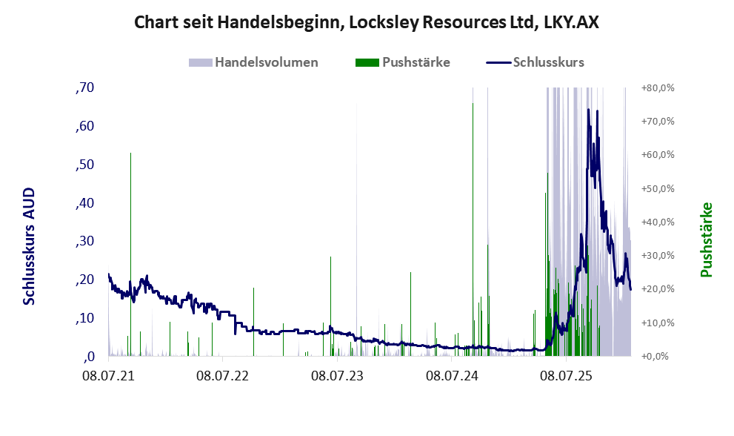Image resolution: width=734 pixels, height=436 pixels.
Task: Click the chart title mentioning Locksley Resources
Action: (x=367, y=22)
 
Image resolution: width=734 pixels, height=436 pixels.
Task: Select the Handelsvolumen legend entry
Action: (x=266, y=62)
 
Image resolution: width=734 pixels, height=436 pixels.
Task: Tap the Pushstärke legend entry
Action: (x=414, y=62)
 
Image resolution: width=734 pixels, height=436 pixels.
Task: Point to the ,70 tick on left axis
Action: (x=85, y=87)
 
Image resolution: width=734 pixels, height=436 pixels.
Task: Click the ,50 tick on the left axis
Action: (x=85, y=165)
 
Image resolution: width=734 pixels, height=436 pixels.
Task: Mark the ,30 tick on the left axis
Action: (x=85, y=241)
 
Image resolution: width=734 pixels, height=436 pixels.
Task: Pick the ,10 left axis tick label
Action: (x=85, y=318)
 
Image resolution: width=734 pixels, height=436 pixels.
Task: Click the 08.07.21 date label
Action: (x=108, y=377)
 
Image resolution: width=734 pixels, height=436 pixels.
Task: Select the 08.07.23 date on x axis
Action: (x=337, y=377)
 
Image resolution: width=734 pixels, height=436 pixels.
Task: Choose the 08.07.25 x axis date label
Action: (x=566, y=377)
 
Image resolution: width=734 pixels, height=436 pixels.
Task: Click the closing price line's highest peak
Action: (x=588, y=110)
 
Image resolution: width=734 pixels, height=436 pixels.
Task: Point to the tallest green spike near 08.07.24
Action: (x=473, y=104)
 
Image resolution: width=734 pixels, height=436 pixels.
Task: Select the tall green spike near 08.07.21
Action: (x=130, y=153)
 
